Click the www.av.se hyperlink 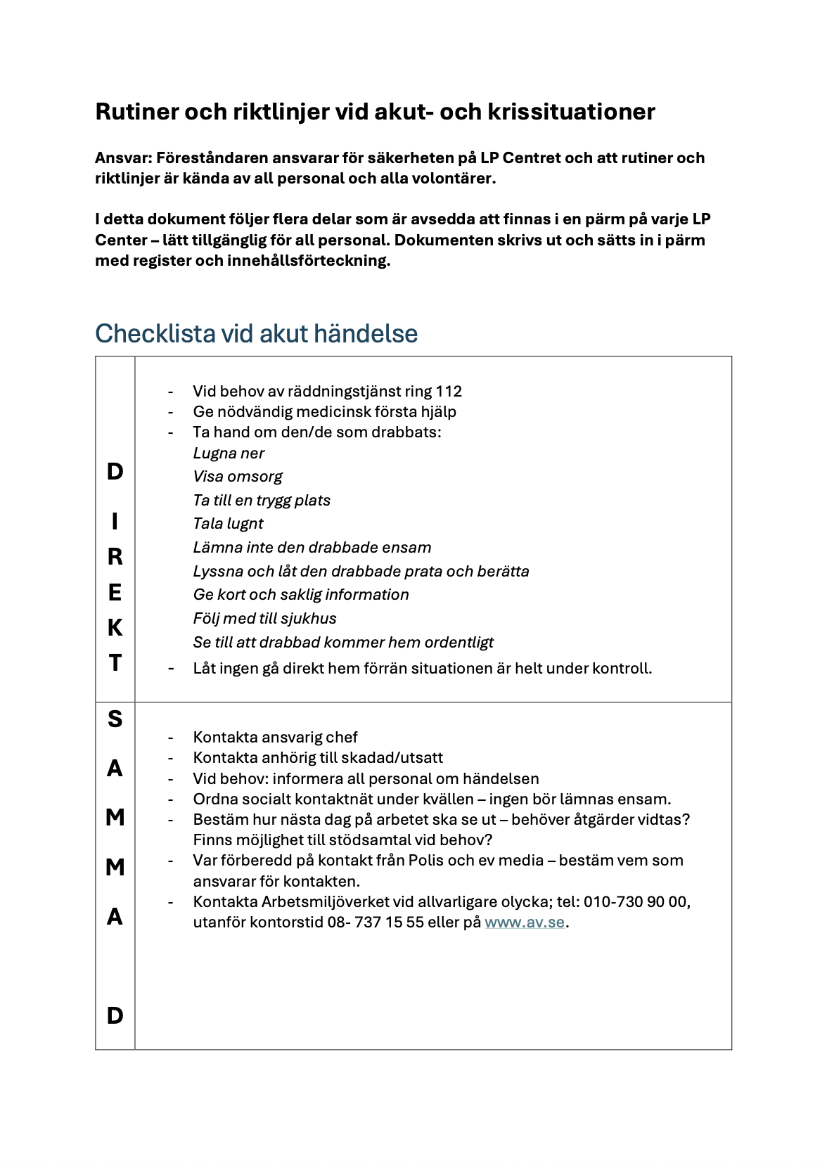click(524, 922)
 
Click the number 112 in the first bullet click(449, 391)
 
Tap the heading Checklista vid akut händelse click(256, 333)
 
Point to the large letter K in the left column click(115, 627)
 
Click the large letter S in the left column click(115, 719)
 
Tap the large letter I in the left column click(115, 521)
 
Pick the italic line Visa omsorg click(237, 477)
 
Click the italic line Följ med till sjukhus click(264, 618)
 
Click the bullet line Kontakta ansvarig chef click(275, 737)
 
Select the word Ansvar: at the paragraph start click(124, 157)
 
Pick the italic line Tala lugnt click(228, 523)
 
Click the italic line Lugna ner click(229, 454)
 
